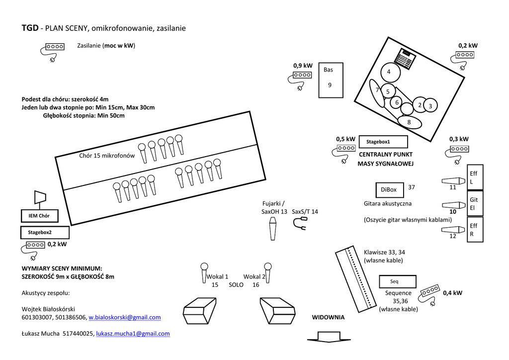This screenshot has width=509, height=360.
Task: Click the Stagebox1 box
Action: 383,142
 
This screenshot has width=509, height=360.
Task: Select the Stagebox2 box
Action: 45,232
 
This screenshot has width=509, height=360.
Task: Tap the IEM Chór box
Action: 39,216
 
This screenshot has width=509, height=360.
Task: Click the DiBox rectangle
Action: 390,190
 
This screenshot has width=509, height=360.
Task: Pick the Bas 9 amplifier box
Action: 331,80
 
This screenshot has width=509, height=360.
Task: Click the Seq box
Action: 397,281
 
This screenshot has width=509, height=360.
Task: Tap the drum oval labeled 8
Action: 410,122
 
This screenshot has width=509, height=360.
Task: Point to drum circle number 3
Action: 430,105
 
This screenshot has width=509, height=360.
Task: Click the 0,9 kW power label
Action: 303,66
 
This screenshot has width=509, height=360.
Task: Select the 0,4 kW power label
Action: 452,293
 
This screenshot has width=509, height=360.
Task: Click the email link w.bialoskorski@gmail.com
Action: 125,317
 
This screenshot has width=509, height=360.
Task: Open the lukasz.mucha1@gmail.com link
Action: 133,334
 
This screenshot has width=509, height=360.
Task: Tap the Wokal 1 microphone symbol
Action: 204,272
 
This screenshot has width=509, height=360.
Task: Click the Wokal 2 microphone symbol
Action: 267,272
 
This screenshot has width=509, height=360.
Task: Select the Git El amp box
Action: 475,203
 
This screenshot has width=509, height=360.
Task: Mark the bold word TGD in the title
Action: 30,28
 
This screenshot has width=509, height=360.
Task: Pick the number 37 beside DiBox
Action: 411,187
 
